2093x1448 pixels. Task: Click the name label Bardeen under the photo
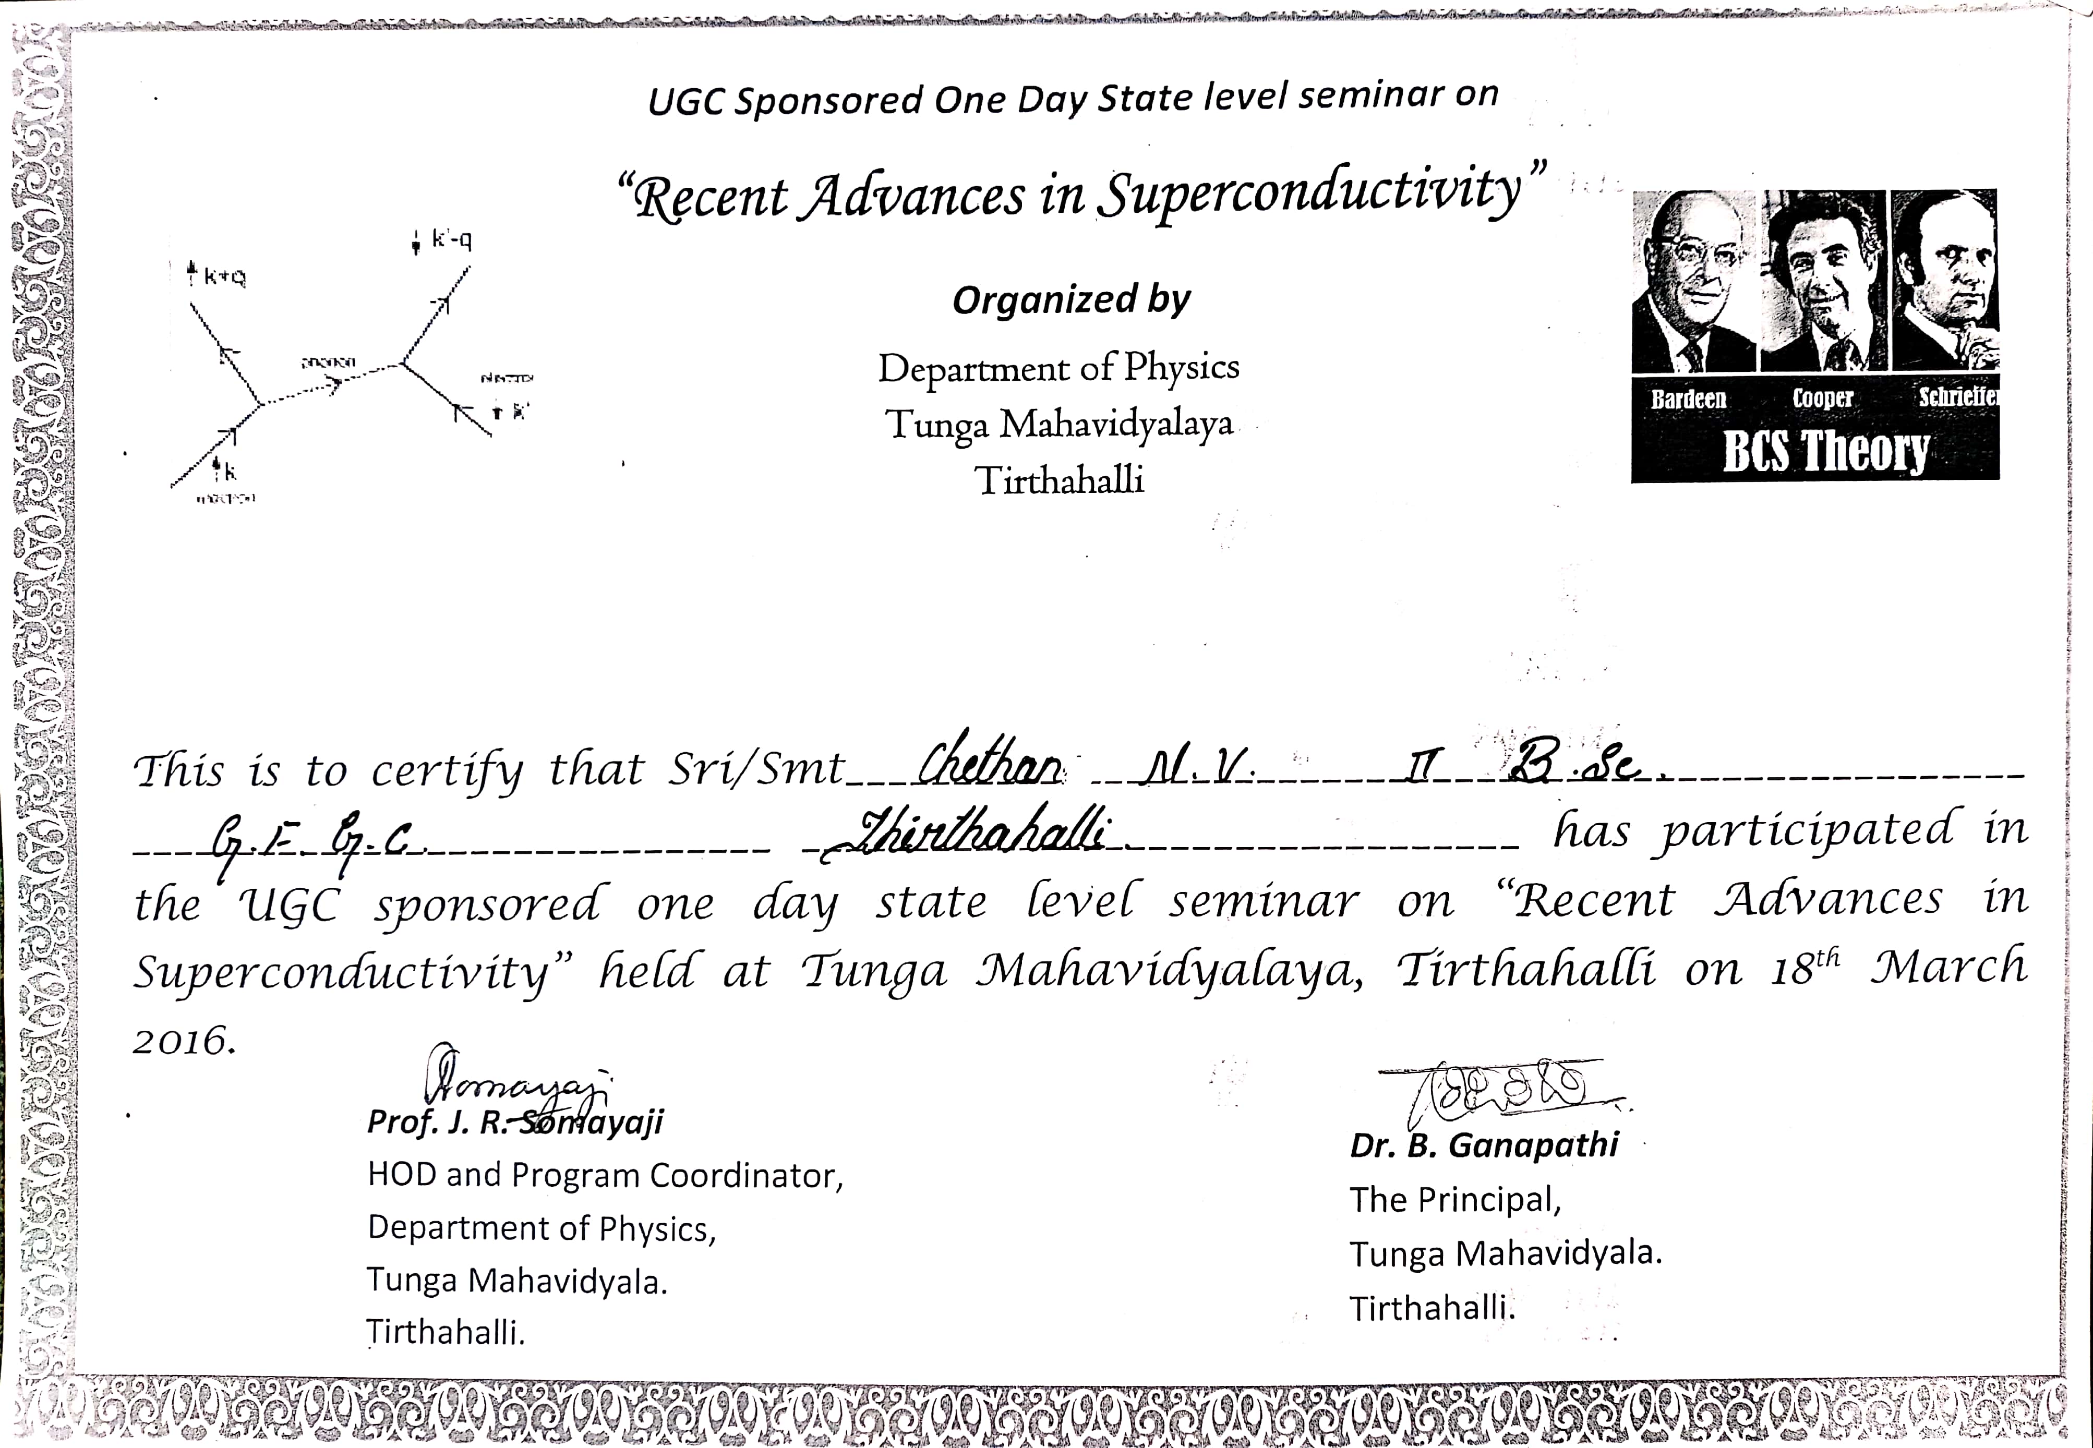pos(1688,399)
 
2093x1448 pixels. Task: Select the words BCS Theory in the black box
pos(1825,451)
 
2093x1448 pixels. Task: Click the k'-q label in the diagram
pos(451,240)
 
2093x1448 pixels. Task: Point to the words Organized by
pos(1070,300)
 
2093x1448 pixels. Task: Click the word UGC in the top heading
pos(687,103)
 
